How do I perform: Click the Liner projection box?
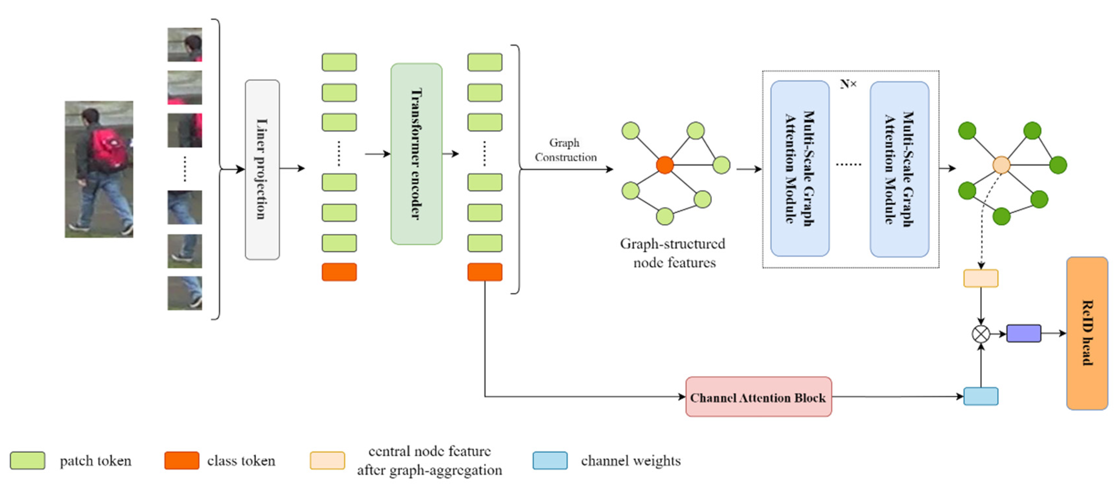point(262,169)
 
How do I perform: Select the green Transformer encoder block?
point(416,154)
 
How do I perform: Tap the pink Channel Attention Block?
point(758,397)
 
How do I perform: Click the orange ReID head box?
point(1087,333)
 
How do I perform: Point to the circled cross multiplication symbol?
point(981,334)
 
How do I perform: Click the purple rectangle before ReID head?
point(1023,333)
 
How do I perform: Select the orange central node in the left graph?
point(664,165)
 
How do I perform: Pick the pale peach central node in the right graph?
point(1001,165)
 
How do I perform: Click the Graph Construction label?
point(565,150)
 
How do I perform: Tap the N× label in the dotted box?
point(848,84)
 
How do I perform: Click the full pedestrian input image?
point(99,169)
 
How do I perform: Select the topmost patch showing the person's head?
point(185,45)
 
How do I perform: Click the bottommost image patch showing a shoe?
point(185,293)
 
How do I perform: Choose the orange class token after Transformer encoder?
point(485,272)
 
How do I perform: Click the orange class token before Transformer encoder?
point(339,272)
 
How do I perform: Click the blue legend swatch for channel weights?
point(550,460)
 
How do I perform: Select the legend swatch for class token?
point(181,460)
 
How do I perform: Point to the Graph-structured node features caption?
point(673,253)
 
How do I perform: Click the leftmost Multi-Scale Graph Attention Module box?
point(800,169)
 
